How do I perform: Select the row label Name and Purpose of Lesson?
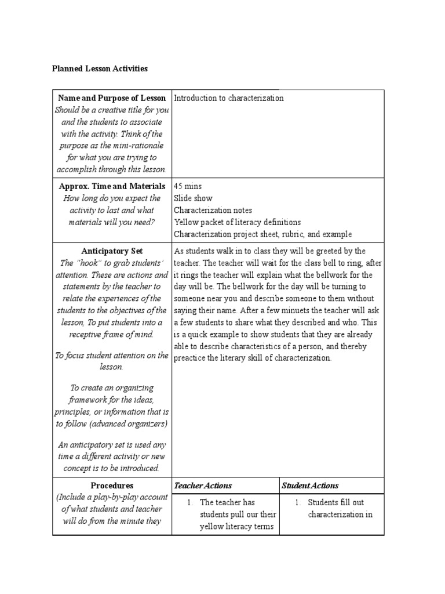click(x=112, y=98)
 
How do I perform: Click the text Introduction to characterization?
click(x=229, y=98)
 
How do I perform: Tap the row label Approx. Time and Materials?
click(x=112, y=186)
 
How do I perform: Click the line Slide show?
click(x=193, y=198)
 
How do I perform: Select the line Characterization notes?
click(x=213, y=210)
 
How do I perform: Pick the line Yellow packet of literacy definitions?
click(x=237, y=222)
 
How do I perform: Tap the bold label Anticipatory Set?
click(x=112, y=251)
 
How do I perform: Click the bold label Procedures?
click(x=112, y=486)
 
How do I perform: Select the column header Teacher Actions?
click(x=202, y=486)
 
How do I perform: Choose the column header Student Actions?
click(x=310, y=486)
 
